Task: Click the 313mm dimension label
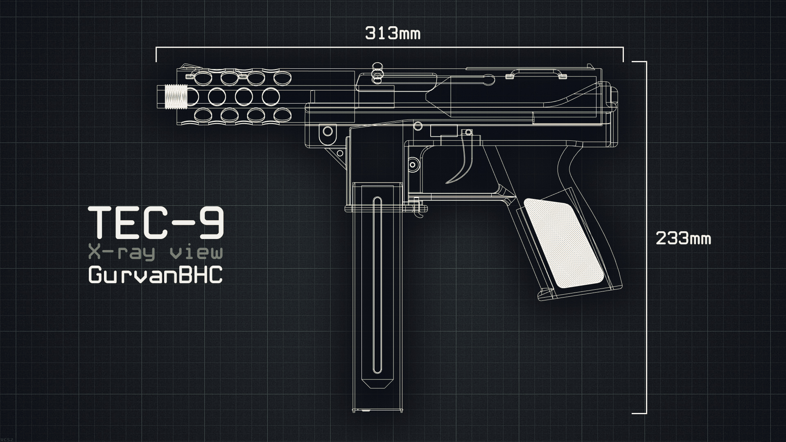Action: tap(392, 33)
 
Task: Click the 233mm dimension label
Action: tap(683, 238)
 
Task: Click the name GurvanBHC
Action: tap(156, 275)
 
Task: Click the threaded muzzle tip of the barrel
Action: tap(175, 97)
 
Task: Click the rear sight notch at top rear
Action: tap(591, 66)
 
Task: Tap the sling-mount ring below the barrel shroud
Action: tap(328, 131)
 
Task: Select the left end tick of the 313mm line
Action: tap(156, 54)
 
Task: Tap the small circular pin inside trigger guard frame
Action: tap(413, 165)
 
